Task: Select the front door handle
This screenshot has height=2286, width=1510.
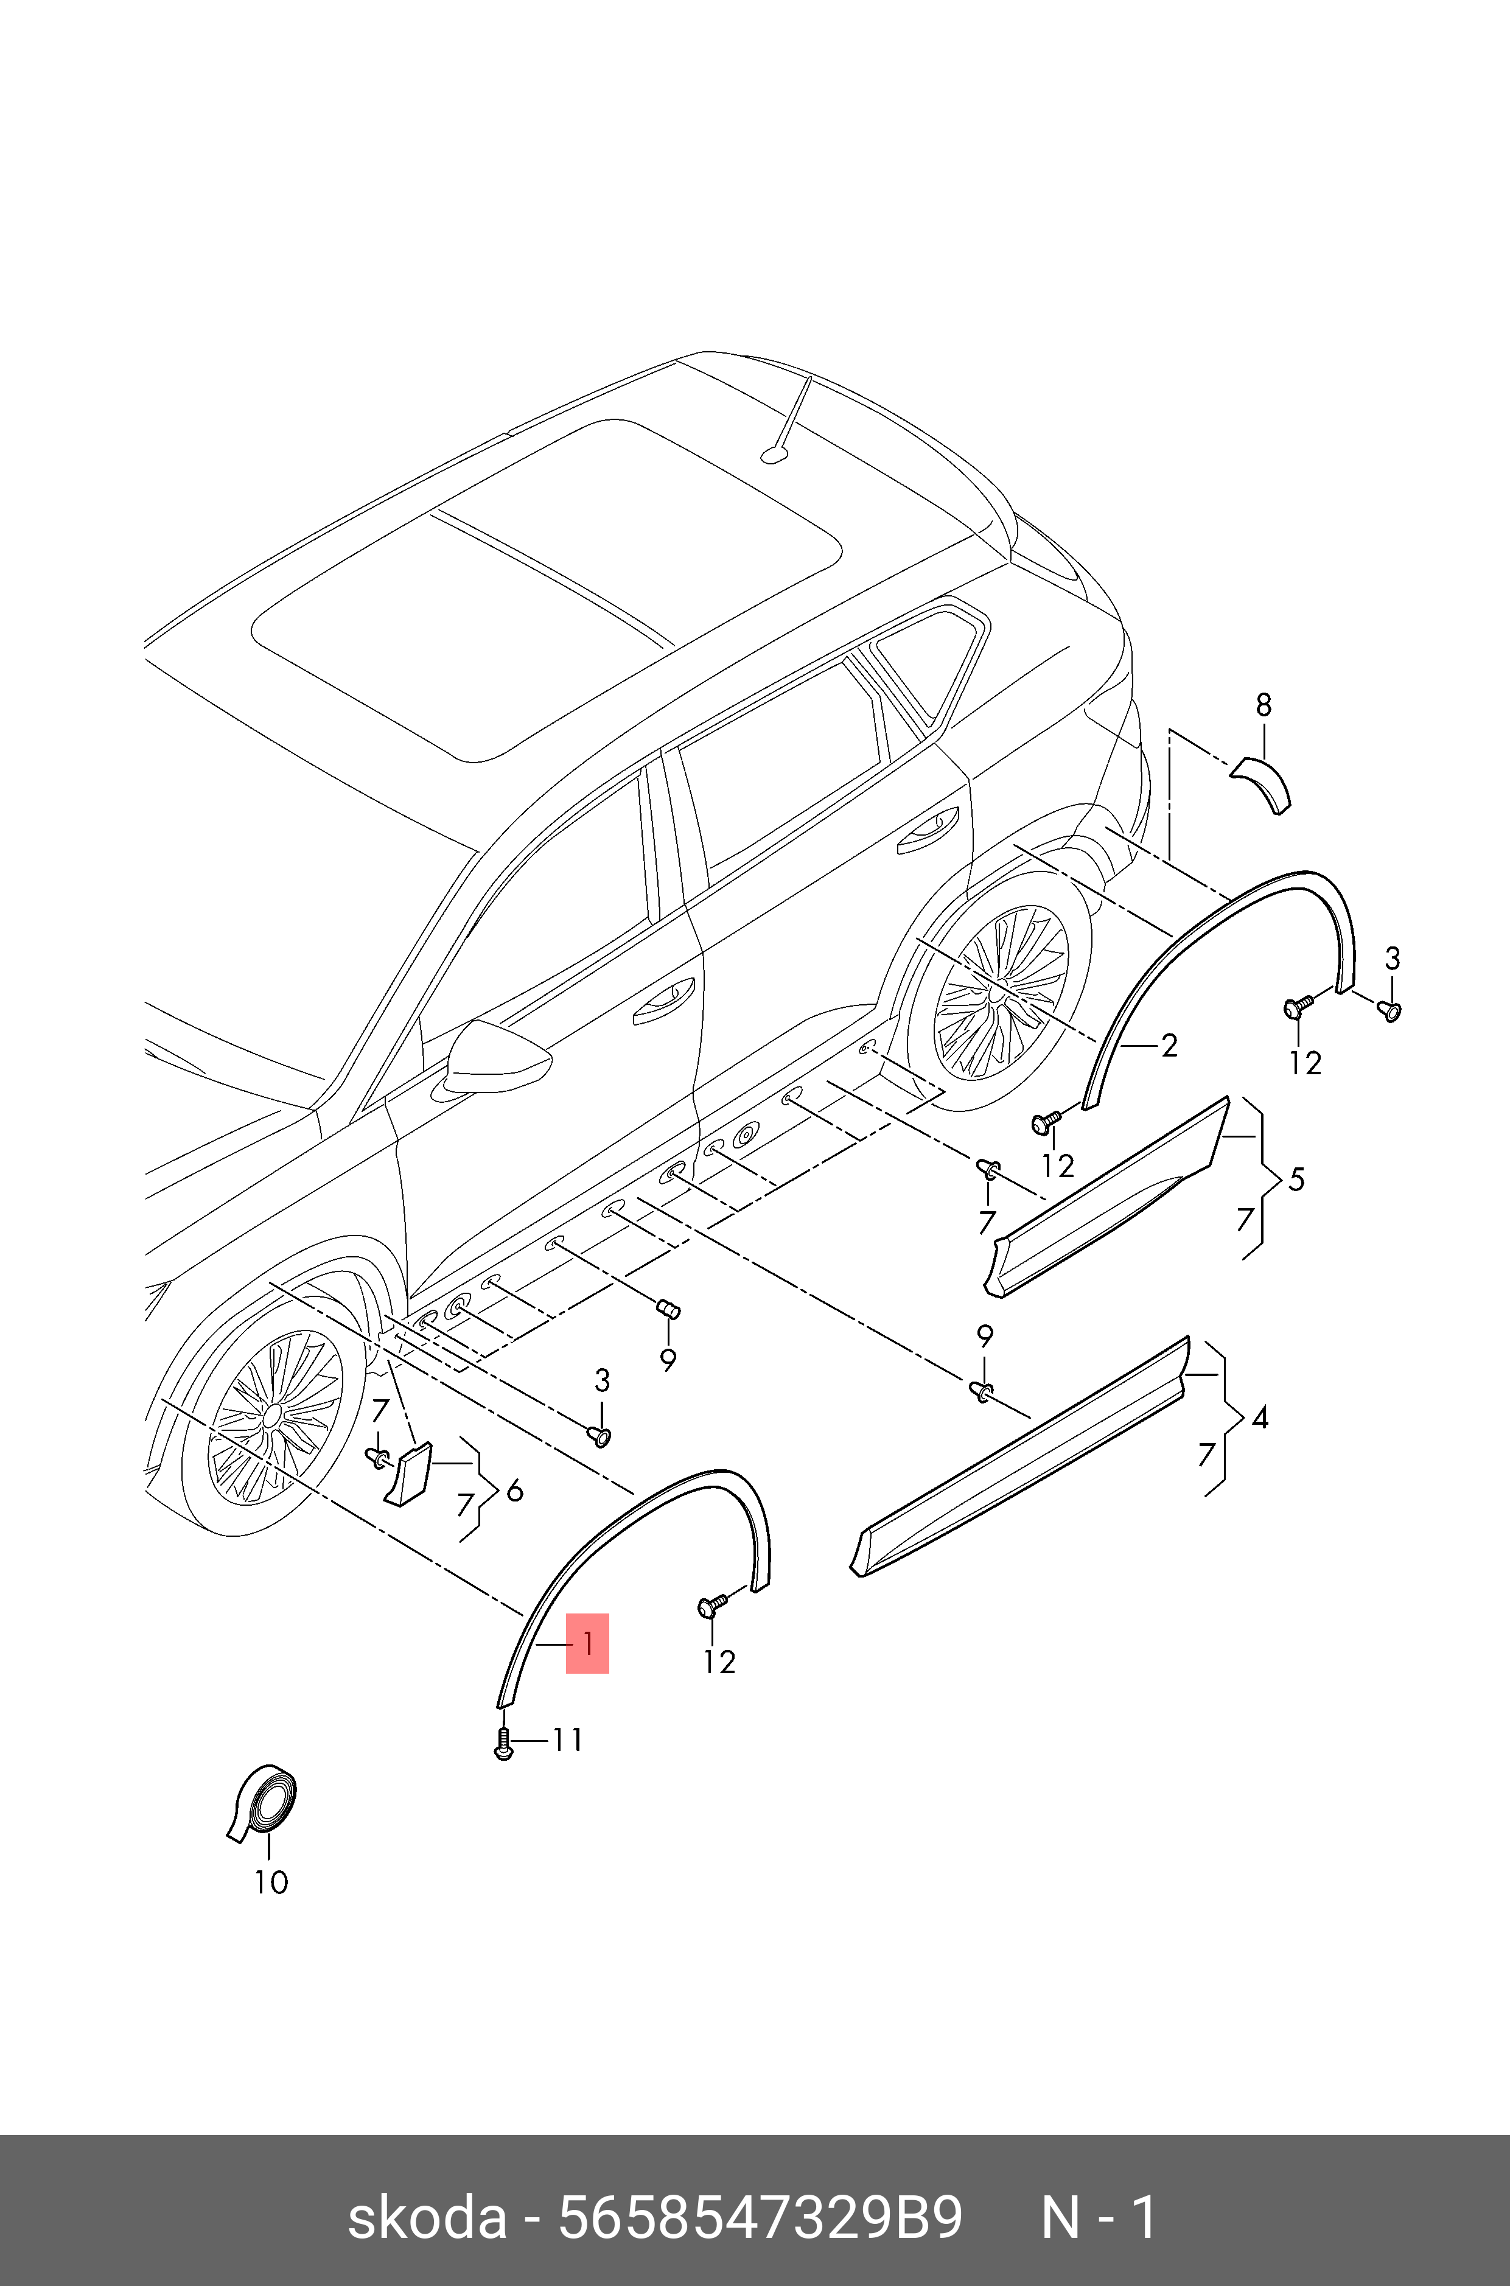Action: [663, 1001]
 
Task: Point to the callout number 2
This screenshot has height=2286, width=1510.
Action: [1169, 1045]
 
